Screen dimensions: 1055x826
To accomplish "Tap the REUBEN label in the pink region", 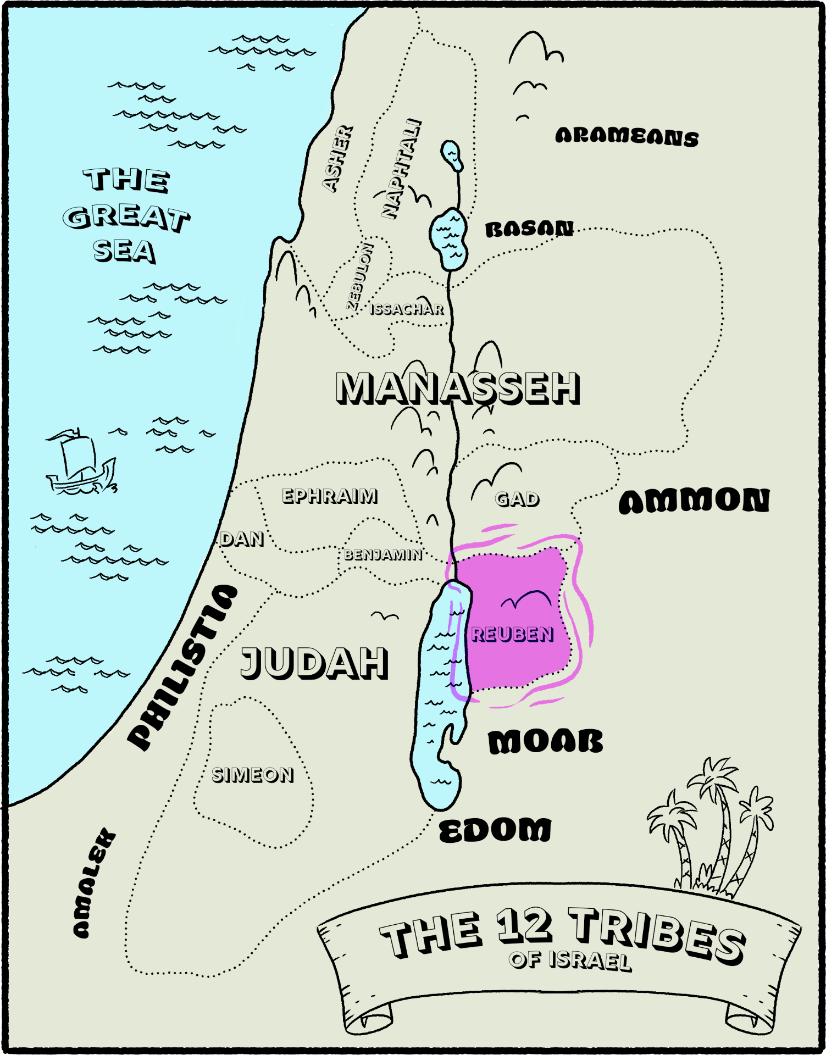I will [x=512, y=635].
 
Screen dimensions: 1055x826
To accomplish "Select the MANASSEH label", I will [x=457, y=388].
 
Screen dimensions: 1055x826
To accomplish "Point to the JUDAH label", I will [x=314, y=663].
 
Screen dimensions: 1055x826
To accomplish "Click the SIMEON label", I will [x=253, y=775].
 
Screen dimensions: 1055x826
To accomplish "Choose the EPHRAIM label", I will [x=330, y=496].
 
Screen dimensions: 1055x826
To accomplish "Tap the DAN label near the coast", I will [x=242, y=539].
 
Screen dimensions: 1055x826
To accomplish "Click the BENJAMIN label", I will [x=383, y=555].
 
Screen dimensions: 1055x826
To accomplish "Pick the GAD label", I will [x=517, y=499].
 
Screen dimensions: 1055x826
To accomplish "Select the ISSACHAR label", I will [x=407, y=309].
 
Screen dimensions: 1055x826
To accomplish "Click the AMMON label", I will [x=694, y=501].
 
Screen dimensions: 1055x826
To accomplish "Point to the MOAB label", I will [x=545, y=742].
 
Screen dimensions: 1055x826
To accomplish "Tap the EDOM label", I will [x=495, y=830].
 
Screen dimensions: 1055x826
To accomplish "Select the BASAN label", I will [x=529, y=229].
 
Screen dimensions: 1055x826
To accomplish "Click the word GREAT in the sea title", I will [x=126, y=218].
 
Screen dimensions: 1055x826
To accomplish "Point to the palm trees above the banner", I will [x=714, y=824].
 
